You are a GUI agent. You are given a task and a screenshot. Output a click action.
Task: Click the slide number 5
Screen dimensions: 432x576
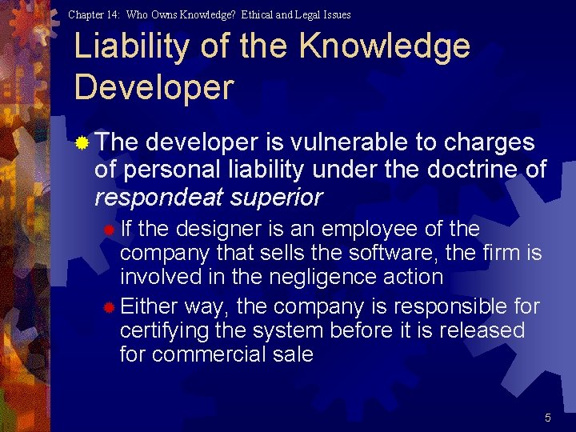548,418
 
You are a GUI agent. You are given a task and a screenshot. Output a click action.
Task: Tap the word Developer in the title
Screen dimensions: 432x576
154,87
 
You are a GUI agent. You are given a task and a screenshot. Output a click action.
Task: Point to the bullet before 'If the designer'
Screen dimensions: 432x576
109,230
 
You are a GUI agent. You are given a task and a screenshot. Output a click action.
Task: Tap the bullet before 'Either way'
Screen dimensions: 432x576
109,307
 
